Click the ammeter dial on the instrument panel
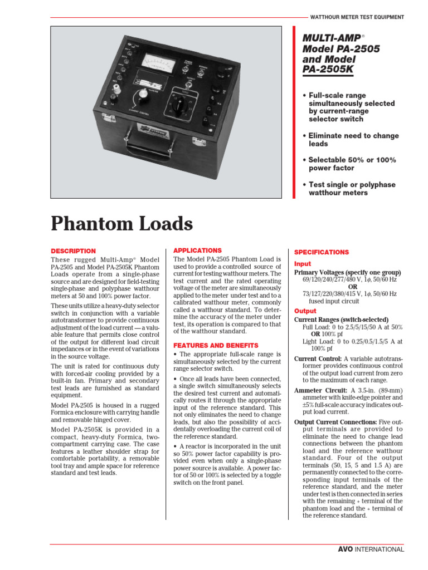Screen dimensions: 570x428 [x=158, y=62]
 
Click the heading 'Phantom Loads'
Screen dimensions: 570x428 [x=122, y=224]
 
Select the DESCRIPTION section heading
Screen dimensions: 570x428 [x=73, y=251]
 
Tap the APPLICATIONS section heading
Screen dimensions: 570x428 [x=197, y=250]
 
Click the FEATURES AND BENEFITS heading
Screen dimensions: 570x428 [x=212, y=345]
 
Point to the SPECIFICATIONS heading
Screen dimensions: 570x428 [x=322, y=252]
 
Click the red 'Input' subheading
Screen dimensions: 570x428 [x=303, y=264]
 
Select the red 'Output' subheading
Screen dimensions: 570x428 [x=305, y=311]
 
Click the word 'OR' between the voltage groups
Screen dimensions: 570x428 [x=349, y=287]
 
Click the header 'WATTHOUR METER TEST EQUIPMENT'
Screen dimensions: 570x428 [x=357, y=17]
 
